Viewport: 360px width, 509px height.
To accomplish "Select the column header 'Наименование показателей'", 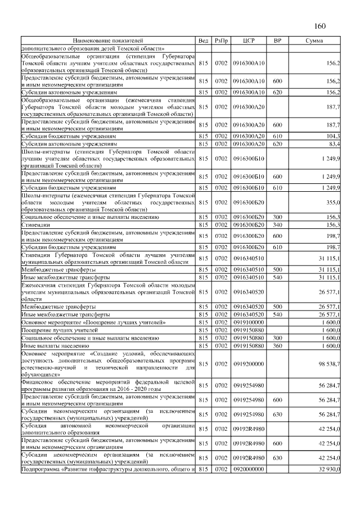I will [108, 41].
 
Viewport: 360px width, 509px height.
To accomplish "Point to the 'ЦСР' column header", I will [249, 41].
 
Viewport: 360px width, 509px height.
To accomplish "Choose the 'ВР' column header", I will [277, 41].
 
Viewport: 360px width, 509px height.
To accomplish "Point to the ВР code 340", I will [277, 225].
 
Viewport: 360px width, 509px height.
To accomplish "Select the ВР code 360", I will [277, 346].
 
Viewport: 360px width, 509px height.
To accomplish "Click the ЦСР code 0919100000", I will [249, 322].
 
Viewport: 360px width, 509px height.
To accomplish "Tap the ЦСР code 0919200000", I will [249, 364].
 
